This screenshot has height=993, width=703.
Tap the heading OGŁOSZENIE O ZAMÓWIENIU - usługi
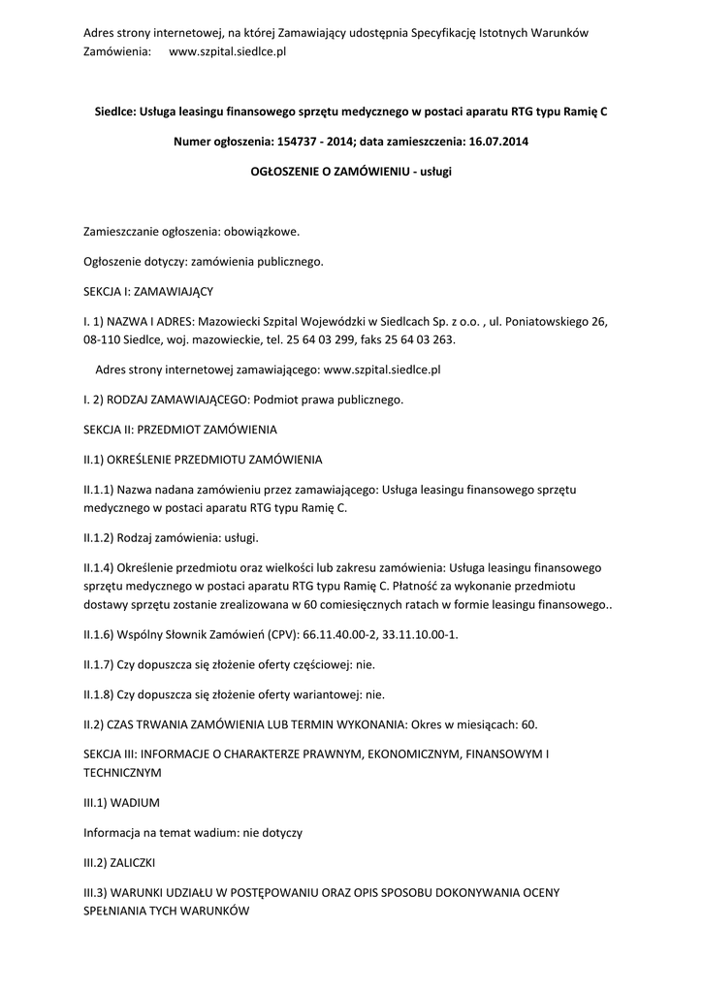point(351,171)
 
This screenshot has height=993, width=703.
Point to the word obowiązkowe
point(262,232)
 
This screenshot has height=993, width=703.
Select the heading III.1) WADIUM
point(121,803)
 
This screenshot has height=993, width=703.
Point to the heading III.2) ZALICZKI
point(120,861)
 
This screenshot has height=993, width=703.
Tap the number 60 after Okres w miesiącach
point(528,723)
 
